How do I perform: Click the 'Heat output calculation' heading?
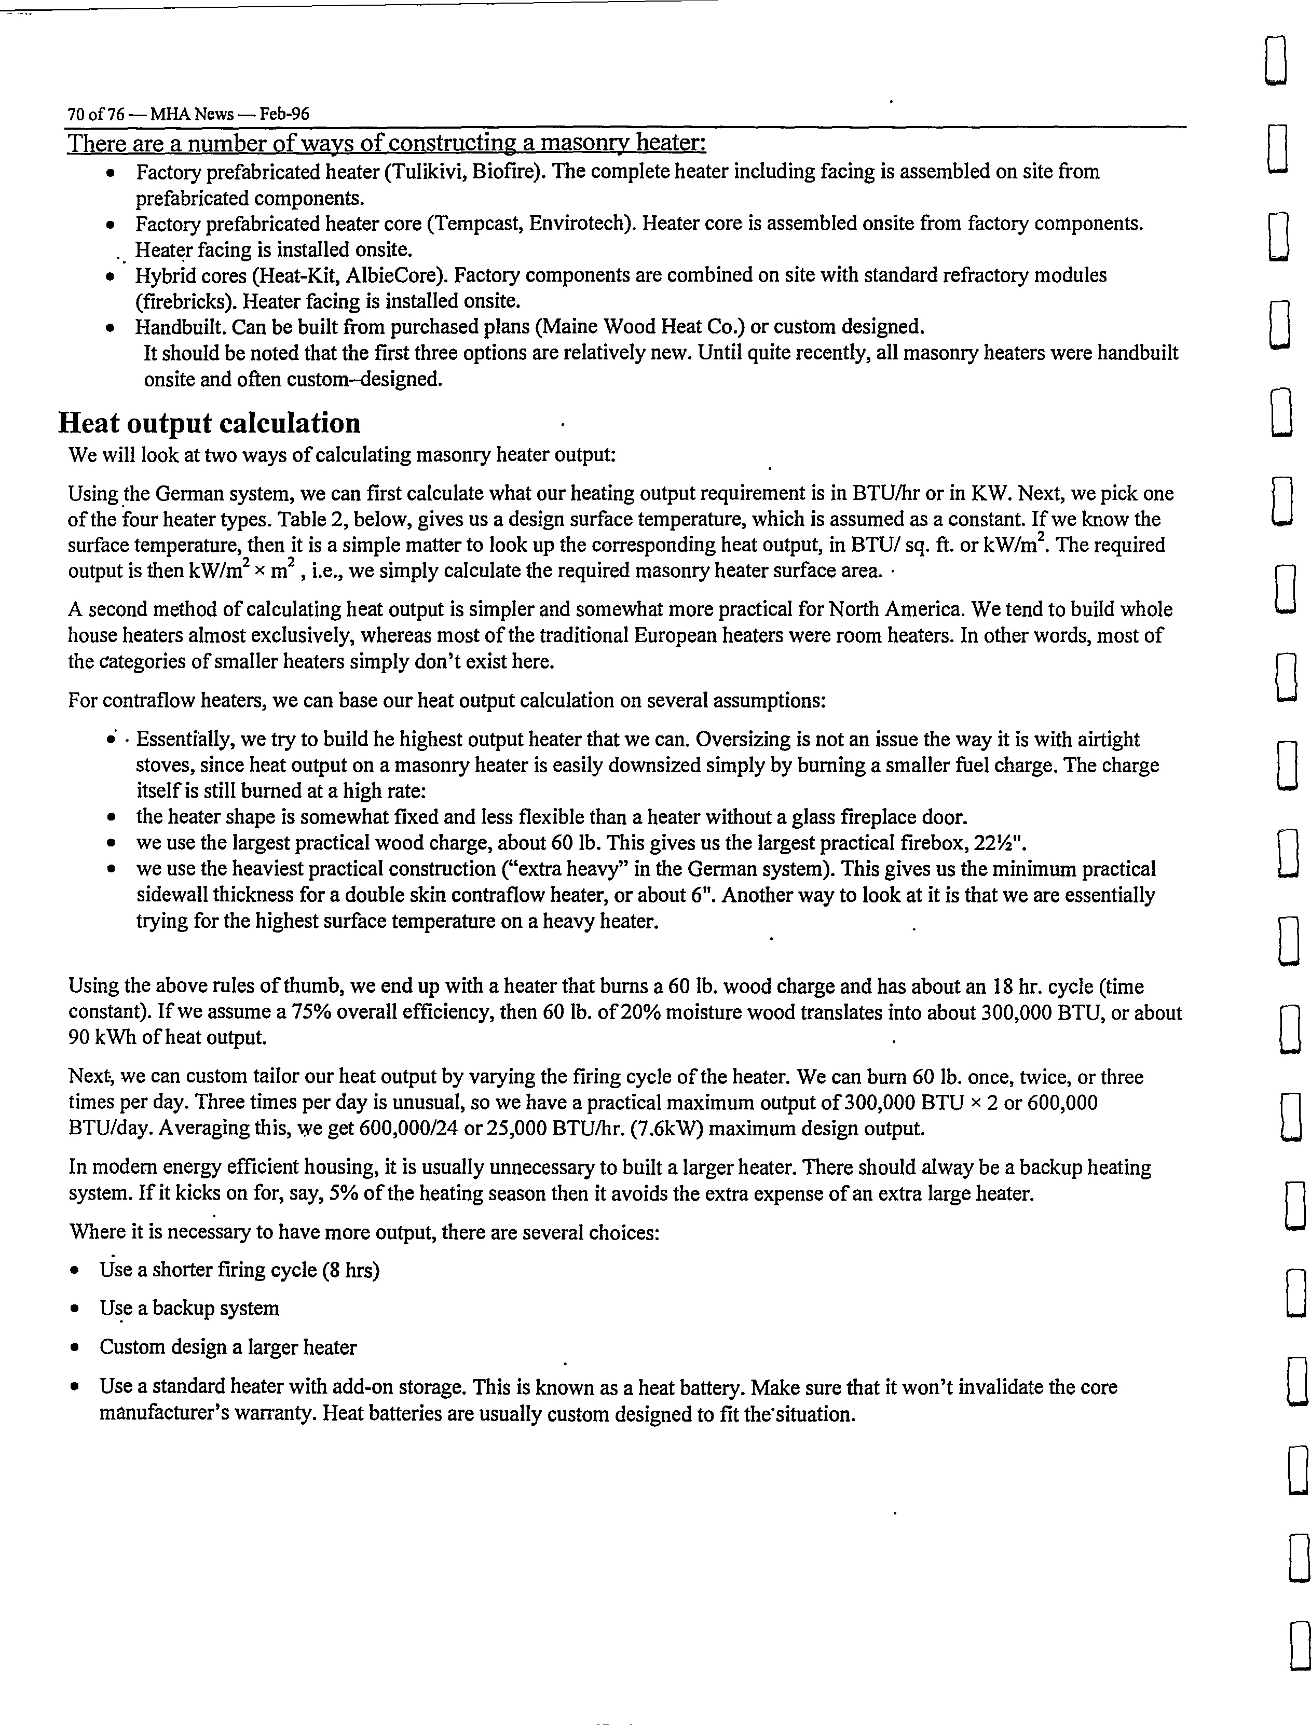tap(209, 423)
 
